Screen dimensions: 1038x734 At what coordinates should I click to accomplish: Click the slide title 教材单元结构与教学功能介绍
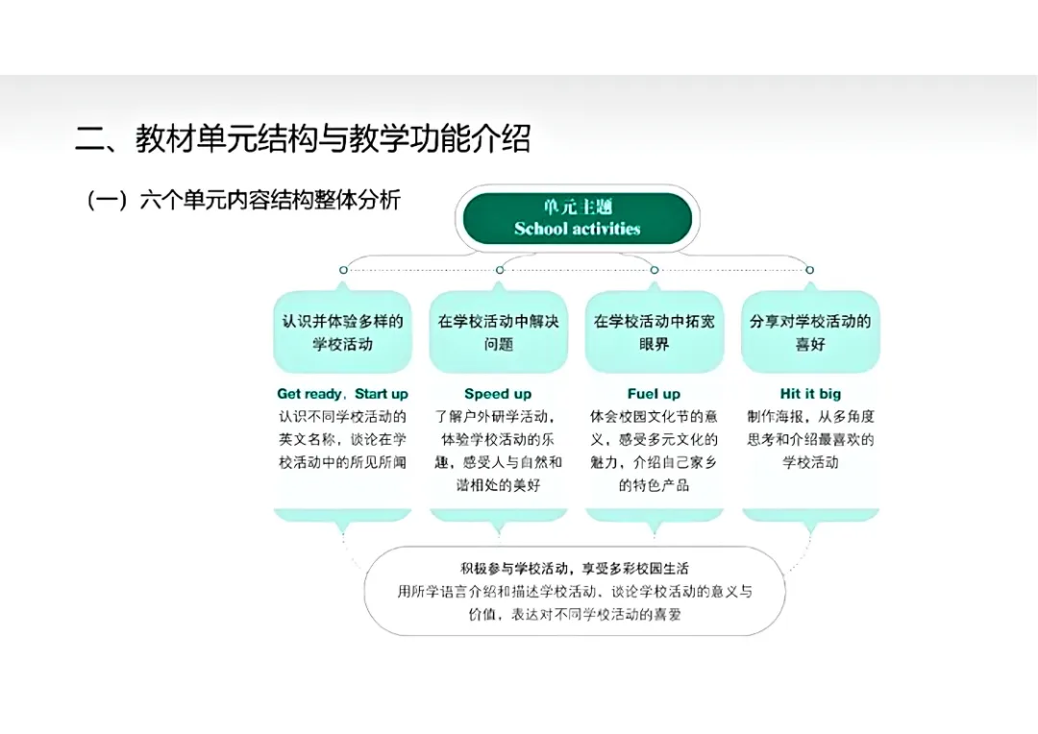click(x=303, y=140)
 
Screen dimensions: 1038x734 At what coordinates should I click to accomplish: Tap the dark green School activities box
click(x=577, y=219)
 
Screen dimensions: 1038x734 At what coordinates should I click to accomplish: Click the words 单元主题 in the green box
click(x=577, y=207)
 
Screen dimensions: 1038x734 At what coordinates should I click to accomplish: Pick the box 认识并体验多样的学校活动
click(x=342, y=331)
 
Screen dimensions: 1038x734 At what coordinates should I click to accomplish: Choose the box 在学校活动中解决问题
click(x=498, y=331)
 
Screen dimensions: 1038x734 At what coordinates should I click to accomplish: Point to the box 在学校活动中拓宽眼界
click(x=654, y=331)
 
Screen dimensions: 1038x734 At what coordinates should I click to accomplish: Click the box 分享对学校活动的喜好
click(x=810, y=331)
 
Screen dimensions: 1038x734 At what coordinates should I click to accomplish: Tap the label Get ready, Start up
click(x=342, y=394)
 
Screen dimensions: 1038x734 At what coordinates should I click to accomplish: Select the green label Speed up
click(x=498, y=394)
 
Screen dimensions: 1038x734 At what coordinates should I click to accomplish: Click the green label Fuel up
click(x=654, y=394)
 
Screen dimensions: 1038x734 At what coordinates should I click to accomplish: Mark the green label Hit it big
click(x=810, y=394)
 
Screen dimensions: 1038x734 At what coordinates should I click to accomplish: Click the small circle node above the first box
click(x=343, y=270)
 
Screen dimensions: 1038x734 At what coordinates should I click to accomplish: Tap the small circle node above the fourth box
click(x=809, y=270)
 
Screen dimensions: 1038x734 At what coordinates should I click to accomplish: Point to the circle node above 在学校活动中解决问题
click(x=499, y=270)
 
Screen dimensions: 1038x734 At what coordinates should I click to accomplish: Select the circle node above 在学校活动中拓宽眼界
click(x=655, y=270)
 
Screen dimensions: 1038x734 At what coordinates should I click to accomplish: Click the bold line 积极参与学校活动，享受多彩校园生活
click(x=575, y=569)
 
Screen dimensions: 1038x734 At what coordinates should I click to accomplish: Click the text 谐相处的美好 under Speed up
click(x=498, y=485)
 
